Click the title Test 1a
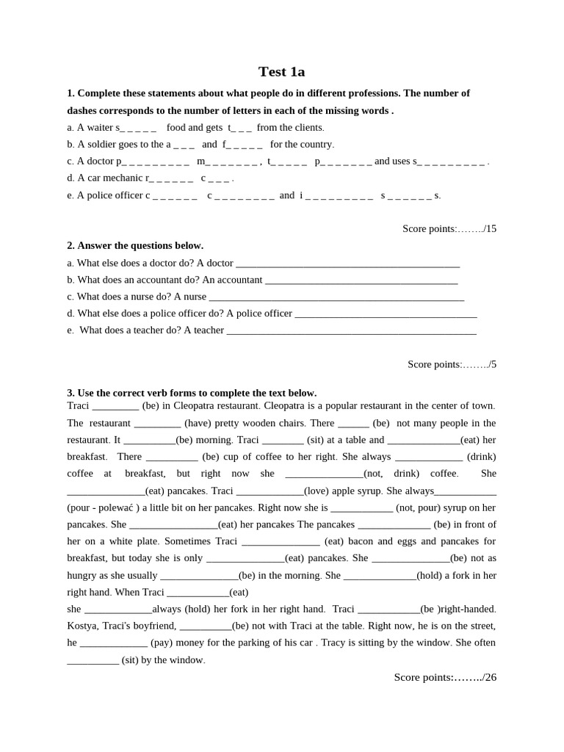point(281,72)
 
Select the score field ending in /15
point(449,228)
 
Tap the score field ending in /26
point(445,677)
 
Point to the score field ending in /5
point(452,364)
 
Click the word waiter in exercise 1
point(99,128)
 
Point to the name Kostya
point(82,626)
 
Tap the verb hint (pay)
point(162,643)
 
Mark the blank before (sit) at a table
point(282,440)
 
